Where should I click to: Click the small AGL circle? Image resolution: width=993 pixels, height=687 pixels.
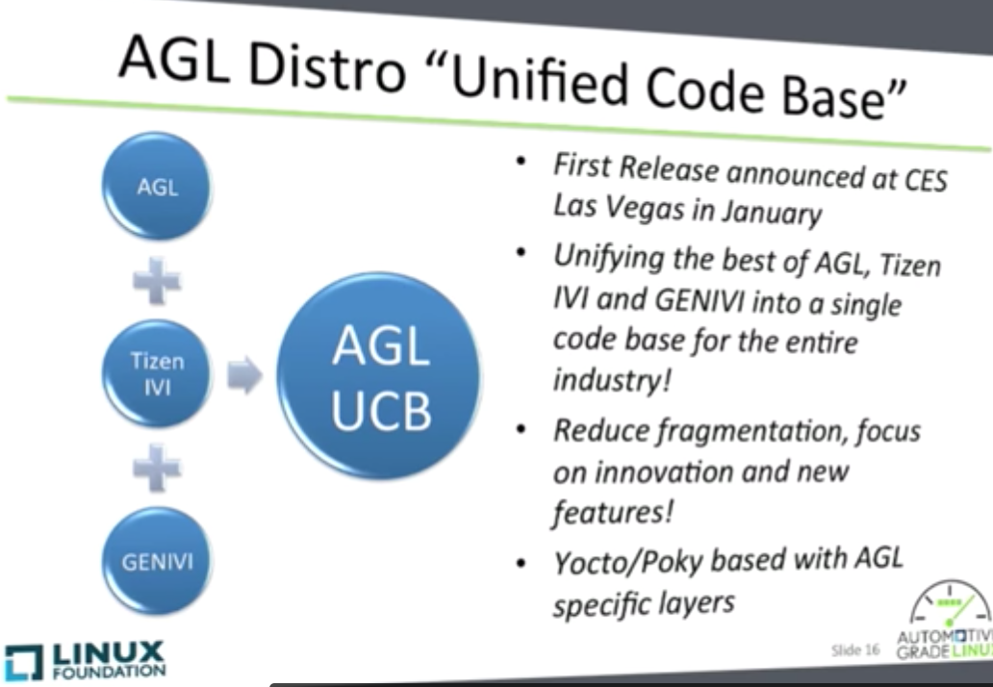[157, 186]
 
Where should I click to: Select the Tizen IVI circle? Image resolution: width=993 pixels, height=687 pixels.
[157, 373]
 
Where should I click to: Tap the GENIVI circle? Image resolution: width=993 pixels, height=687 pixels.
[157, 561]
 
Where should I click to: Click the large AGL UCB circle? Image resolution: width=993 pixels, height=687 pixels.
[379, 375]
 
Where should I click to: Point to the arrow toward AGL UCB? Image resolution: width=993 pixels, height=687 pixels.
[244, 375]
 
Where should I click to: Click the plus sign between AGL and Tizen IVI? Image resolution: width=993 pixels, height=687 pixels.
[157, 280]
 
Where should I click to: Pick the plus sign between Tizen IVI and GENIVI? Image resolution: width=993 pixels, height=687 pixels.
[157, 468]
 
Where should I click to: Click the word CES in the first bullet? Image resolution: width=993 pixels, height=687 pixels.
[926, 180]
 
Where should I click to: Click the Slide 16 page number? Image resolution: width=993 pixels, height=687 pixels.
[855, 650]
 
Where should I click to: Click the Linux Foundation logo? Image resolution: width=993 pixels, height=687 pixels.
[85, 660]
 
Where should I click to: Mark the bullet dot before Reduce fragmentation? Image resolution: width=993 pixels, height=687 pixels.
[522, 430]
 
